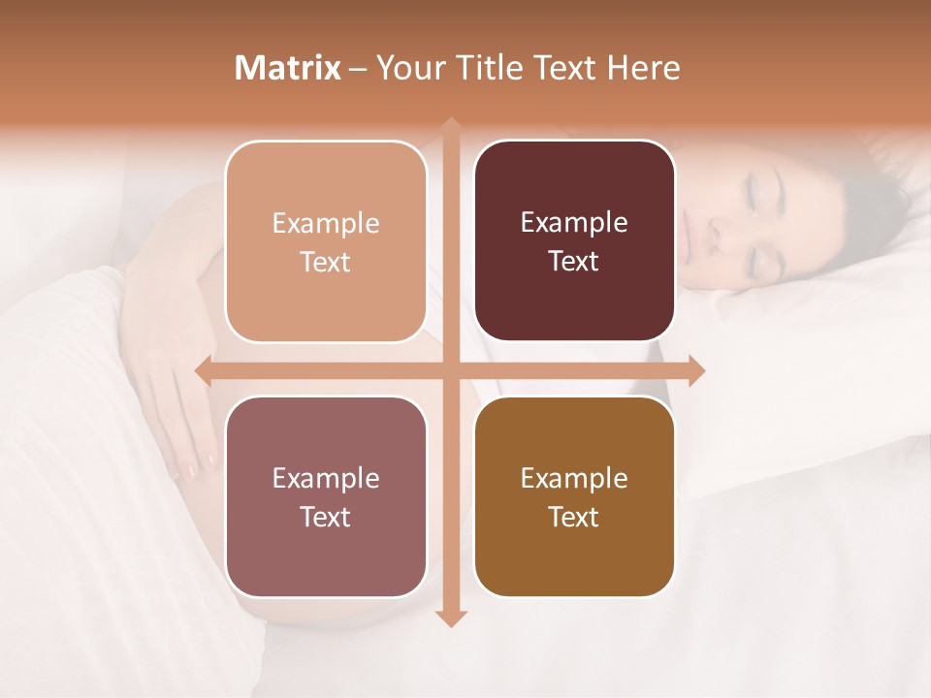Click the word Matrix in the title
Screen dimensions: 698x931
288,68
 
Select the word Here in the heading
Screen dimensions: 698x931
644,68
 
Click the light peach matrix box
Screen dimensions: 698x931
326,241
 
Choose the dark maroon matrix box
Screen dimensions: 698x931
574,241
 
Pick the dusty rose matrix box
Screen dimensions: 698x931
326,496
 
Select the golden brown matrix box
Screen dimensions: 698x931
574,496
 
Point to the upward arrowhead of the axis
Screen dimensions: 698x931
451,127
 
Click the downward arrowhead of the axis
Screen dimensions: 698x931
451,618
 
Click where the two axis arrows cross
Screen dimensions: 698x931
451,370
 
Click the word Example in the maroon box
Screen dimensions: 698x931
574,223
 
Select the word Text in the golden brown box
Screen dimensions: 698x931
574,518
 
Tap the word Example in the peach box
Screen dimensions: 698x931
326,224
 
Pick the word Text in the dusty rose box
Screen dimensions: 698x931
326,518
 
